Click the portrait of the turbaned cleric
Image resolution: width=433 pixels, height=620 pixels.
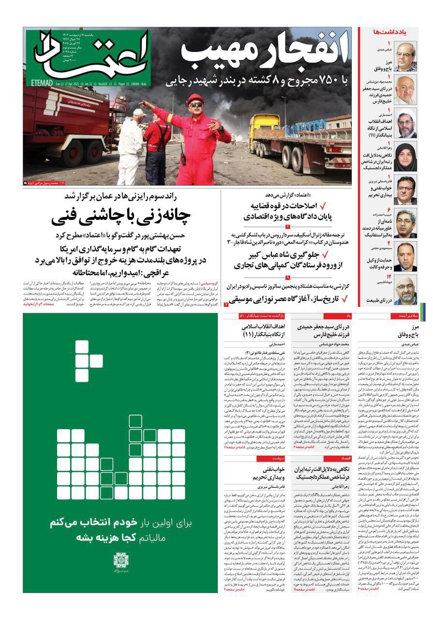[x=405, y=124]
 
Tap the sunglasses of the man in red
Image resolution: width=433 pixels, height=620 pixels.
[x=196, y=105]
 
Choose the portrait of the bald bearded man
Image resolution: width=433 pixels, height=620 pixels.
[x=405, y=290]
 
